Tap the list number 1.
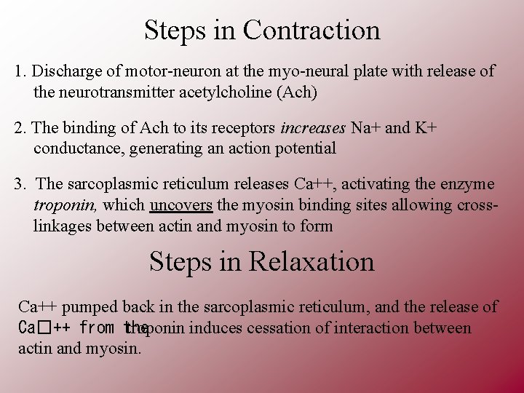click(19, 72)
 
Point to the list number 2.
click(19, 129)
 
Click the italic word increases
click(313, 129)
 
